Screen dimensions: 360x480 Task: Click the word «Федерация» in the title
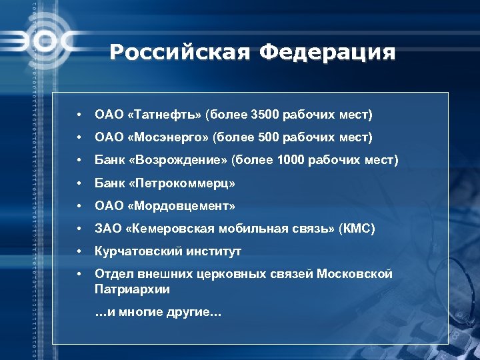[x=328, y=52]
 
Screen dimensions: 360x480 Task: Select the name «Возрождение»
[x=175, y=160]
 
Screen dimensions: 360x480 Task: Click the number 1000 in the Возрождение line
[x=288, y=160]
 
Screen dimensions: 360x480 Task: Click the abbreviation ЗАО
[x=107, y=229]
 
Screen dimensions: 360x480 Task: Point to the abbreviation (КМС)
[x=357, y=229]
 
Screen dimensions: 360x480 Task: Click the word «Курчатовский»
[x=134, y=251]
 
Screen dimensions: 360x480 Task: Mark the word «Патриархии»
[x=132, y=289]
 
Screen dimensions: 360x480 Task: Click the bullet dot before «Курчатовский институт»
[x=79, y=251]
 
